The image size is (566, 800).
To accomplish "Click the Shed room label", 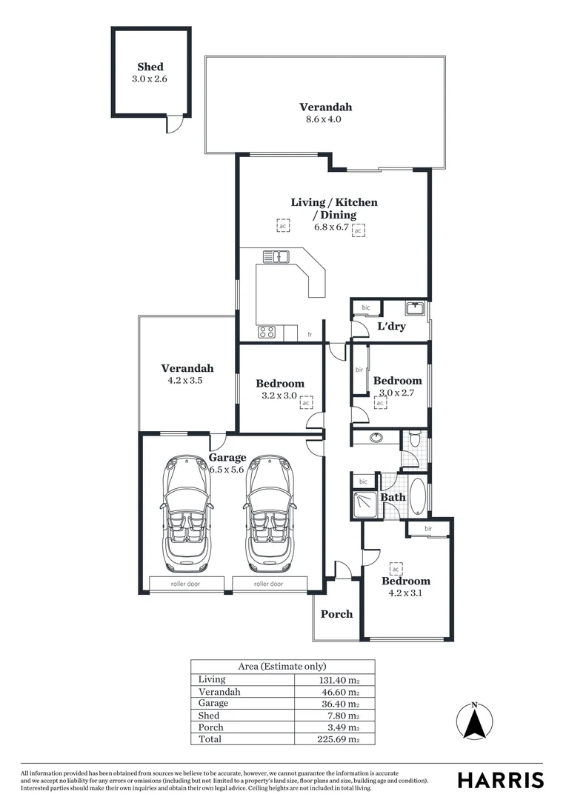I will click(x=150, y=67).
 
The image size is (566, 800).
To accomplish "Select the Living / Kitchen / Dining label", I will click(x=334, y=208).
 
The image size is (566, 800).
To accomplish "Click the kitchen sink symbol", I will click(x=276, y=257).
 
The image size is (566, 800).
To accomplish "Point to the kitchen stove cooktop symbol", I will click(x=267, y=333).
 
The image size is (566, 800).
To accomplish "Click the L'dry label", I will click(x=391, y=326).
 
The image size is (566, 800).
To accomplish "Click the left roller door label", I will click(x=185, y=584).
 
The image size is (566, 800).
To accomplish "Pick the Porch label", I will click(x=336, y=614).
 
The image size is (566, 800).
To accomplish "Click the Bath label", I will click(x=393, y=497).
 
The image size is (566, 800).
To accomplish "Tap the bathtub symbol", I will click(x=417, y=496).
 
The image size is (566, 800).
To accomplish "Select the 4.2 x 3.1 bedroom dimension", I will click(x=405, y=593).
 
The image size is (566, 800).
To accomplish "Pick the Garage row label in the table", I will click(x=213, y=703).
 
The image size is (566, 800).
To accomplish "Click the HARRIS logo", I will click(x=500, y=779).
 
